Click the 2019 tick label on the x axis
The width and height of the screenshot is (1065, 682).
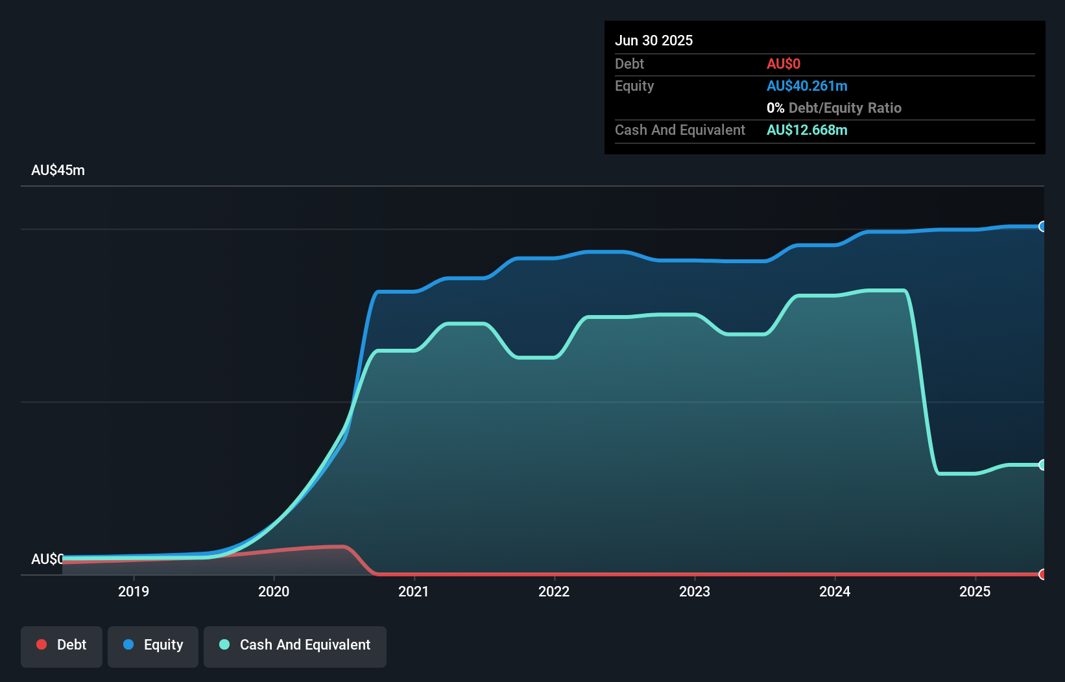click(x=134, y=591)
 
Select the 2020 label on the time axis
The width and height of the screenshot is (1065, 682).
click(x=274, y=591)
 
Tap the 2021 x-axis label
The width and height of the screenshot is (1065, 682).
click(x=414, y=591)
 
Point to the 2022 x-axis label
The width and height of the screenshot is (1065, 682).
click(x=554, y=591)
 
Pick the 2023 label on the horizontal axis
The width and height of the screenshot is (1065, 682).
click(x=695, y=591)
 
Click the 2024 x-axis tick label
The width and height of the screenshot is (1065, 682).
click(x=835, y=591)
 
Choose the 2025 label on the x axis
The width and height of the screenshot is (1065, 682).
click(x=975, y=591)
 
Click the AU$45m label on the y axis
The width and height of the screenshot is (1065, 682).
click(x=58, y=170)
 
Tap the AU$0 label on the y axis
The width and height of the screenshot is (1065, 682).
click(x=47, y=559)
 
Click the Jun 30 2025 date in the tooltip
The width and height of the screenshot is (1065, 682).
click(x=654, y=40)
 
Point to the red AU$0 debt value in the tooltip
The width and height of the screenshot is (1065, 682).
click(x=784, y=64)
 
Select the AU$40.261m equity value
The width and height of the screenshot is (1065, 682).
click(x=807, y=86)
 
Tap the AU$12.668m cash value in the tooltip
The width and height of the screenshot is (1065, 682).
click(x=807, y=130)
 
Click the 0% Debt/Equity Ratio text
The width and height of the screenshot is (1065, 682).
click(x=834, y=108)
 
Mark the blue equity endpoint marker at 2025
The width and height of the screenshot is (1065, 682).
click(x=1042, y=226)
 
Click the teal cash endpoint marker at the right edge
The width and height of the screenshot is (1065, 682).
click(x=1042, y=465)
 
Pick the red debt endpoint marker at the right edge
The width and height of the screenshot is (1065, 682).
click(x=1042, y=574)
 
